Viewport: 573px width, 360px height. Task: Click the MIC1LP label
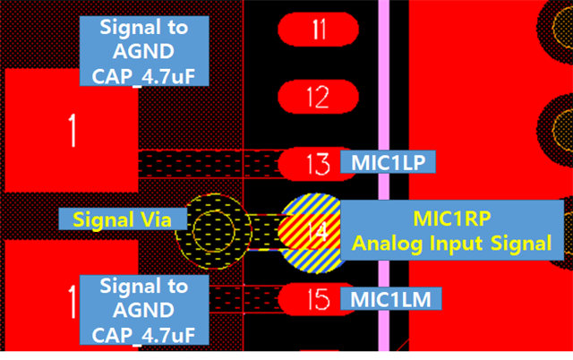coord(389,162)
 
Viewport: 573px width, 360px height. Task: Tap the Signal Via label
coord(122,219)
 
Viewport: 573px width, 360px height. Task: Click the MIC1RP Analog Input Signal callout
coord(452,230)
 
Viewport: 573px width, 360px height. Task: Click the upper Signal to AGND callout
coord(144,51)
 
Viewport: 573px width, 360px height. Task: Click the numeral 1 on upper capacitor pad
coord(72,131)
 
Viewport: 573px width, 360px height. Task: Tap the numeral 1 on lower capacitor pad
coord(72,299)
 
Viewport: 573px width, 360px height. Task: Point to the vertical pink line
coord(383,107)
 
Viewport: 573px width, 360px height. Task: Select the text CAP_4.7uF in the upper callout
coord(144,75)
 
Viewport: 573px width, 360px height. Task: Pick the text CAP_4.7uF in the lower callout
coord(144,335)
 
